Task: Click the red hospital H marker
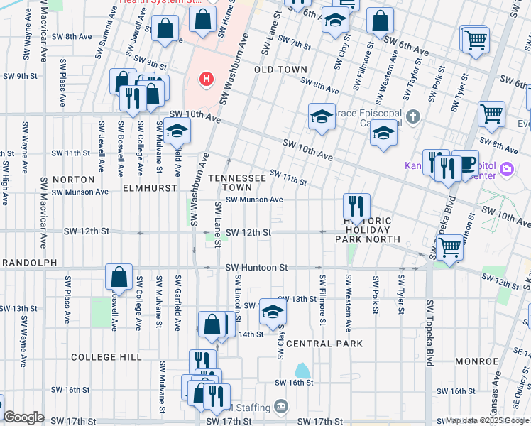point(206,78)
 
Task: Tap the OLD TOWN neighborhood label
point(281,70)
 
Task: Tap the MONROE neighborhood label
point(476,361)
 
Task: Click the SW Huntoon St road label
point(256,268)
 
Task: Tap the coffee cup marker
point(467,163)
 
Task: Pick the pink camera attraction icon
point(507,170)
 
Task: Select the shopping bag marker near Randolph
point(119,276)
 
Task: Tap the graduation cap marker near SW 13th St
point(273,311)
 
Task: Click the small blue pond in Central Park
point(302,370)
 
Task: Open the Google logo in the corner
point(23,417)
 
